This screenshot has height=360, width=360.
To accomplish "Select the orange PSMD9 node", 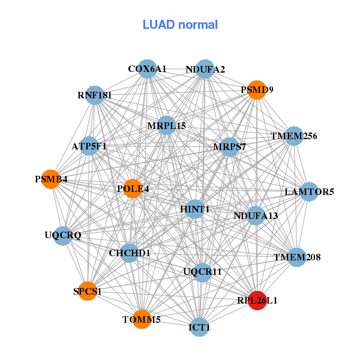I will [x=257, y=90].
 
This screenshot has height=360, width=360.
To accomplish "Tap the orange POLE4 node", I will [x=132, y=189].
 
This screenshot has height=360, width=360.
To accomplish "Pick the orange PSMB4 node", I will [x=51, y=179].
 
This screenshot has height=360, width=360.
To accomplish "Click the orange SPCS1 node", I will [x=88, y=292].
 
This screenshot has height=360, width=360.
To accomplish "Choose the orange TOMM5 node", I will [x=142, y=319].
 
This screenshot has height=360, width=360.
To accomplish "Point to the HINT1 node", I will [x=195, y=209].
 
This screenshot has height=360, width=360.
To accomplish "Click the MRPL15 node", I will [x=166, y=126].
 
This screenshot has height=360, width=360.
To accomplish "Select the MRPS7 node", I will [x=230, y=146].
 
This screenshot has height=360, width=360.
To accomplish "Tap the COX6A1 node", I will [x=147, y=69].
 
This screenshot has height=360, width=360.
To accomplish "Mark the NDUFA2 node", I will [x=205, y=69].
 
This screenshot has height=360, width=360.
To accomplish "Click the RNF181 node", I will [x=95, y=95].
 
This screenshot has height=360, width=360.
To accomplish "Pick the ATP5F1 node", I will [x=89, y=146].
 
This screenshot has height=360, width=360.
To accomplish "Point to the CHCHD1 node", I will [x=130, y=253].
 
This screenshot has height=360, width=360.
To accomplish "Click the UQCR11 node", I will [x=202, y=272].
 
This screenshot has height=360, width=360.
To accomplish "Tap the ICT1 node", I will [x=199, y=328].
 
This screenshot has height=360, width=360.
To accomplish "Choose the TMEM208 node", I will [x=297, y=257].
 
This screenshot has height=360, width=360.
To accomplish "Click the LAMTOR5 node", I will [x=309, y=192].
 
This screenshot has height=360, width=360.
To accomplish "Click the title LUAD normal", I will [x=180, y=25].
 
